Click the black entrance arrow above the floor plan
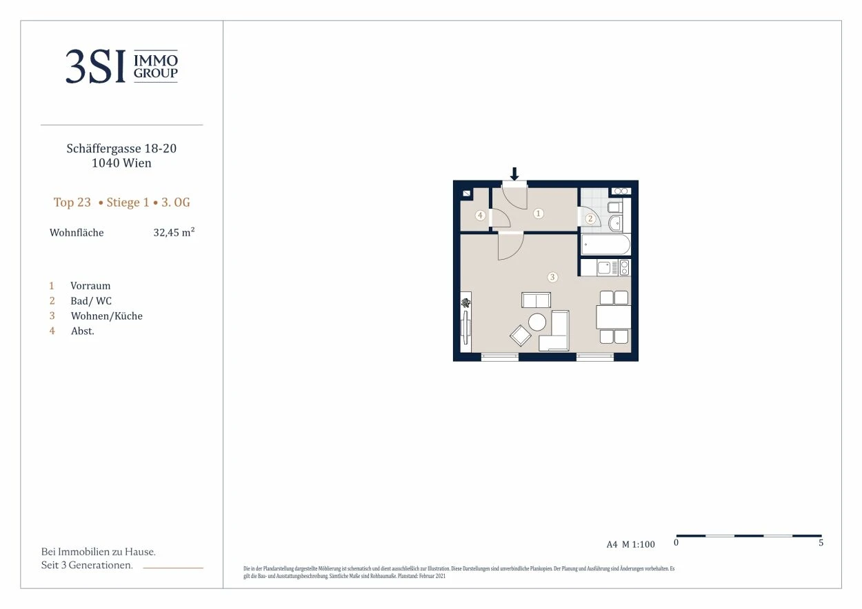coord(514,174)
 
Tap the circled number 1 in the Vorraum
coord(539,214)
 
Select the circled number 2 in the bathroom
coord(590,219)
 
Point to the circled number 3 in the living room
coord(552,277)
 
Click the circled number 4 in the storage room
coord(480,216)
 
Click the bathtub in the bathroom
coord(605,245)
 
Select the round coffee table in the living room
coord(537,322)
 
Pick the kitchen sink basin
coord(604,267)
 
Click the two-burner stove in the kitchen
coord(625,267)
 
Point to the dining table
coord(614,317)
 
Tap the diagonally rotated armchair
coord(520,336)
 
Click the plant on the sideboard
coord(466,302)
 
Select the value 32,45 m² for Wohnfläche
coord(174,232)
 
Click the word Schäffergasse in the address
coord(104,148)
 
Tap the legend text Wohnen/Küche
coord(107,316)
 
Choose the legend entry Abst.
coord(82,331)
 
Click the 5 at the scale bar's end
coord(821,542)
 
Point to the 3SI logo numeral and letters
coord(95,66)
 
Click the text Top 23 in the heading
coord(72,203)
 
